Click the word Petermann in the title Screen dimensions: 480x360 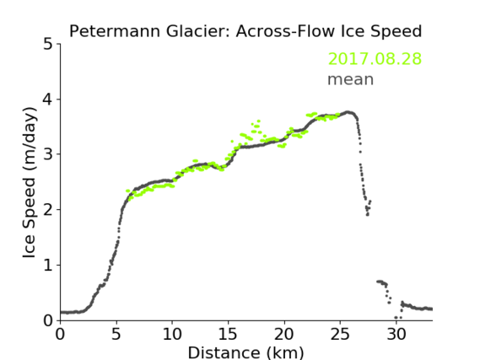[x=115, y=31]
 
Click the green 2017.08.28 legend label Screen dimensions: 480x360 [x=375, y=58]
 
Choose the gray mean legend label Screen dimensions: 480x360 [x=351, y=79]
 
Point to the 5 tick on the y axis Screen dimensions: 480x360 [x=48, y=45]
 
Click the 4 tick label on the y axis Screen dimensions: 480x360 [x=48, y=99]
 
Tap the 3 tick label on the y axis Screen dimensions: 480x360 [x=48, y=154]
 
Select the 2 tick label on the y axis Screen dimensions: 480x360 [x=48, y=210]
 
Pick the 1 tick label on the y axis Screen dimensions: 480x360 [x=48, y=266]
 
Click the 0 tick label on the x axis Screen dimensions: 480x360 [x=60, y=334]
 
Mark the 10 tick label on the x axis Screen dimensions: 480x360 [x=172, y=334]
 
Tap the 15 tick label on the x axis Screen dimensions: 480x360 [x=228, y=334]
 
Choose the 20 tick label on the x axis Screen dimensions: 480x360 [x=284, y=334]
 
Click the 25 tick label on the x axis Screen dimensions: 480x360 [x=340, y=334]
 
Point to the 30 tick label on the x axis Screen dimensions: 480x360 [x=396, y=334]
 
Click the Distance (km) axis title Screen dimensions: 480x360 [x=245, y=353]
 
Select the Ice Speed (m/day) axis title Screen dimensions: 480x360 [x=29, y=183]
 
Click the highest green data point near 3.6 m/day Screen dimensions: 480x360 [x=259, y=121]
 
